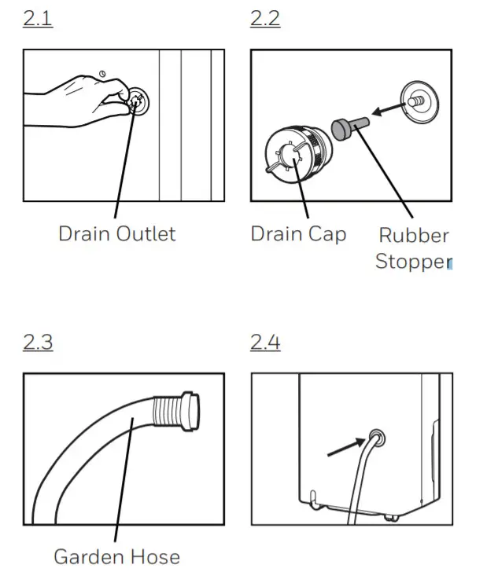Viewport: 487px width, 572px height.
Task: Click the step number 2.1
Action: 38,19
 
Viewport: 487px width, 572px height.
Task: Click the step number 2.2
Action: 265,19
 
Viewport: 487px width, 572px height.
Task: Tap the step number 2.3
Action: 38,343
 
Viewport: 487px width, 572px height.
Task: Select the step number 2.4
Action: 265,343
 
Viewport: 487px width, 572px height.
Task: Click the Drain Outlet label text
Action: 116,234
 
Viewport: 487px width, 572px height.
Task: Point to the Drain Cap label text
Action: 297,234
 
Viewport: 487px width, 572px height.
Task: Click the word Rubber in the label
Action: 413,236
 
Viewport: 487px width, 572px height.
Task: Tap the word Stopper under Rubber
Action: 411,262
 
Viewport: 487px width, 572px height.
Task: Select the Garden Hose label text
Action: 116,556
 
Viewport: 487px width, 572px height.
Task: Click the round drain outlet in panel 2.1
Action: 138,101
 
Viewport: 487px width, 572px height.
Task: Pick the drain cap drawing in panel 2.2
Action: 295,149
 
